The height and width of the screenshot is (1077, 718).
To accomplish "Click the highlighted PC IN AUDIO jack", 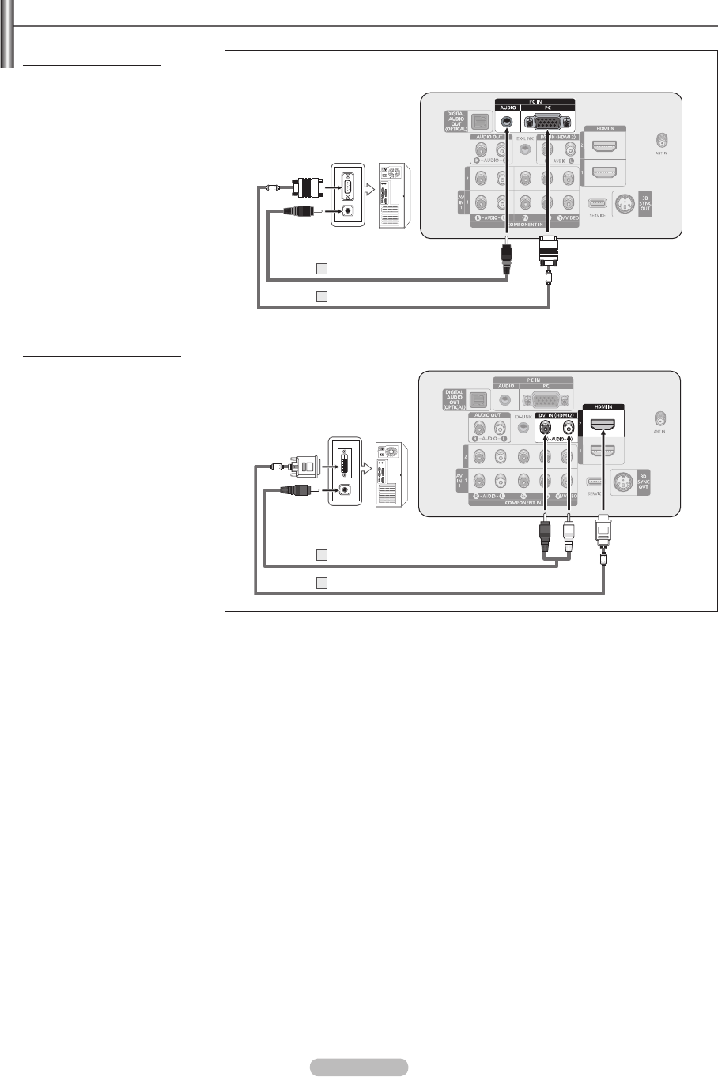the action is tap(506, 123).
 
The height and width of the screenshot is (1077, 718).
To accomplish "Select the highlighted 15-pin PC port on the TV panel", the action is tap(547, 123).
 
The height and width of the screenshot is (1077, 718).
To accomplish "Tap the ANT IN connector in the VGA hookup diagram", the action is tap(661, 140).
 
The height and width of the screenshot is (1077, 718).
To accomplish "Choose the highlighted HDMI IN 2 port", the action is tap(603, 427).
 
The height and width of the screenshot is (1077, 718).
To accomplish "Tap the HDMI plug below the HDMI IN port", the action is tap(603, 532).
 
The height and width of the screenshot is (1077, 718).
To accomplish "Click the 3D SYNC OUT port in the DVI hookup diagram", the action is tap(622, 482).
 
